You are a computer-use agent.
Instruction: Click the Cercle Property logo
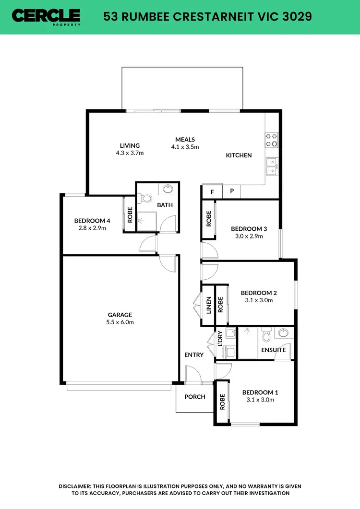pos(47,17)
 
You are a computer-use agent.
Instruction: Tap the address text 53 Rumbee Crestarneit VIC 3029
pos(208,17)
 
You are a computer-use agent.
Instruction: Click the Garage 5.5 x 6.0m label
pos(120,319)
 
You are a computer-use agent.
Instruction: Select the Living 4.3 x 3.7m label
pos(130,149)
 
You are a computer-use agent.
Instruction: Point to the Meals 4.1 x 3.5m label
pos(185,143)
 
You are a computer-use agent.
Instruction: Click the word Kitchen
pos(239,155)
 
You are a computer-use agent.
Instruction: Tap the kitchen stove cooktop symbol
pos(272,140)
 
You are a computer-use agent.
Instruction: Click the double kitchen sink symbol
pos(272,166)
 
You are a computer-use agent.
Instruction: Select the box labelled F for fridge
pos(212,191)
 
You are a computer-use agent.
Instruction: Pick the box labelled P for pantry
pos(232,191)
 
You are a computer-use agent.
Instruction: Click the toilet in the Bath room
pos(146,198)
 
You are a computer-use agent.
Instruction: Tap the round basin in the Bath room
pos(168,189)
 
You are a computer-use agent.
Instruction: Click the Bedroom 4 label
pos(92,224)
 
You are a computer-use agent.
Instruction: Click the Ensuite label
pos(274,350)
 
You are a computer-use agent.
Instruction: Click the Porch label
pos(195,397)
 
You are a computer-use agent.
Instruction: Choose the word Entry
pos(194,355)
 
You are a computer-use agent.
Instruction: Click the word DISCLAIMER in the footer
pos(82,486)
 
